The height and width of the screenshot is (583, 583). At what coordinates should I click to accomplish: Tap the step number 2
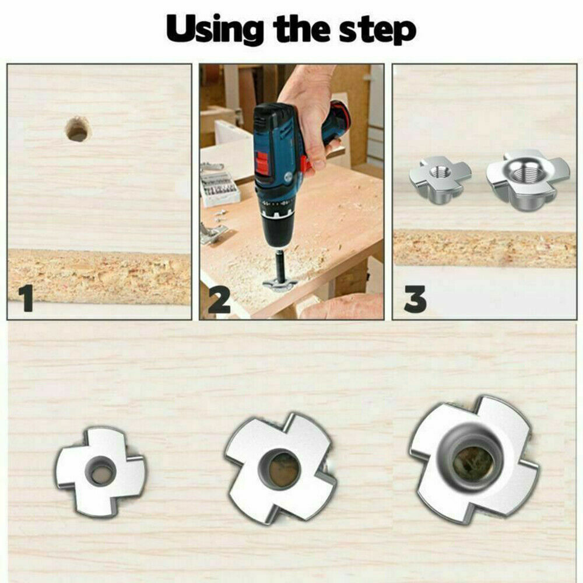click(219, 300)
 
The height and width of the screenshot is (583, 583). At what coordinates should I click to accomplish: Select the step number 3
click(415, 300)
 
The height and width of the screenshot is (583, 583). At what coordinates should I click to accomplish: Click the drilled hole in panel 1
click(78, 129)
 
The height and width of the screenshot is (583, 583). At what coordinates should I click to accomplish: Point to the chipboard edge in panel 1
click(99, 277)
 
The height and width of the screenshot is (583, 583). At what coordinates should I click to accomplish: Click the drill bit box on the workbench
click(220, 187)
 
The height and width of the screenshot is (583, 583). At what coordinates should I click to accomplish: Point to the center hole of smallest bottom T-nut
click(101, 472)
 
